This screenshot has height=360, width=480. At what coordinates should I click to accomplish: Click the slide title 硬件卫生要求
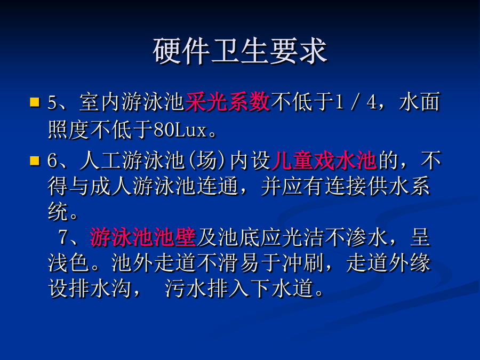pos(241,51)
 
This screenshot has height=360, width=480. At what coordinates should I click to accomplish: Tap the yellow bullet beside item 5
pos(35,102)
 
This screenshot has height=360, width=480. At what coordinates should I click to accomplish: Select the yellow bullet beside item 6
pos(35,161)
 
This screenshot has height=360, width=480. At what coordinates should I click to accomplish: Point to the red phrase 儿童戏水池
pos(324,161)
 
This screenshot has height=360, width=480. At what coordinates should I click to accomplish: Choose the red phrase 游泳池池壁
pos(143,237)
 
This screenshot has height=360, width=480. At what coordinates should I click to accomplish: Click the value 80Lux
pos(180,130)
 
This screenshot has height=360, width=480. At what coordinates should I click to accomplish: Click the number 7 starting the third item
pos(63,237)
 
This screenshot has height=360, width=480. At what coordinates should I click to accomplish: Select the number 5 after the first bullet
pos(53,102)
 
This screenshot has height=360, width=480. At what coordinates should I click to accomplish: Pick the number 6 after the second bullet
pos(53,161)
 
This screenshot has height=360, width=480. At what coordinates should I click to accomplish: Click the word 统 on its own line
pos(58,212)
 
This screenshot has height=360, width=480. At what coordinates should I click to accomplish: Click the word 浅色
pos(69,263)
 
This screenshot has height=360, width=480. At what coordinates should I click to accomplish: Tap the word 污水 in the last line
pos(186,289)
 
